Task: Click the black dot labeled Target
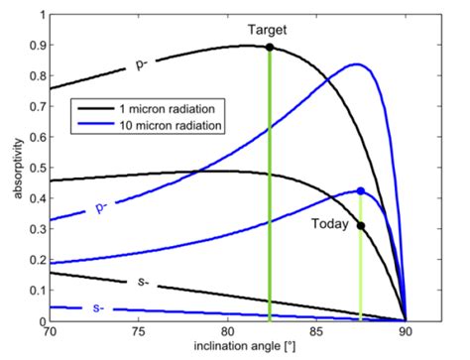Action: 270,48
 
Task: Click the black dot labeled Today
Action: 361,225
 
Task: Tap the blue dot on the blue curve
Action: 361,190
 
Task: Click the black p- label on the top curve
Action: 141,65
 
